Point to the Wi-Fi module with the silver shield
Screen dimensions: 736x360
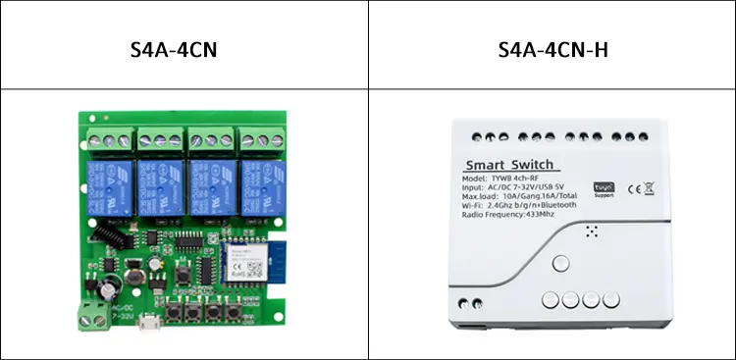241,263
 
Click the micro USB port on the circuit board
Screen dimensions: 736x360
146,326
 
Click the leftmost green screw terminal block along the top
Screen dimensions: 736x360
110,138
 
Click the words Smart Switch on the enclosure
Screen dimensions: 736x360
509,164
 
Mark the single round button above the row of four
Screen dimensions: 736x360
560,263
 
